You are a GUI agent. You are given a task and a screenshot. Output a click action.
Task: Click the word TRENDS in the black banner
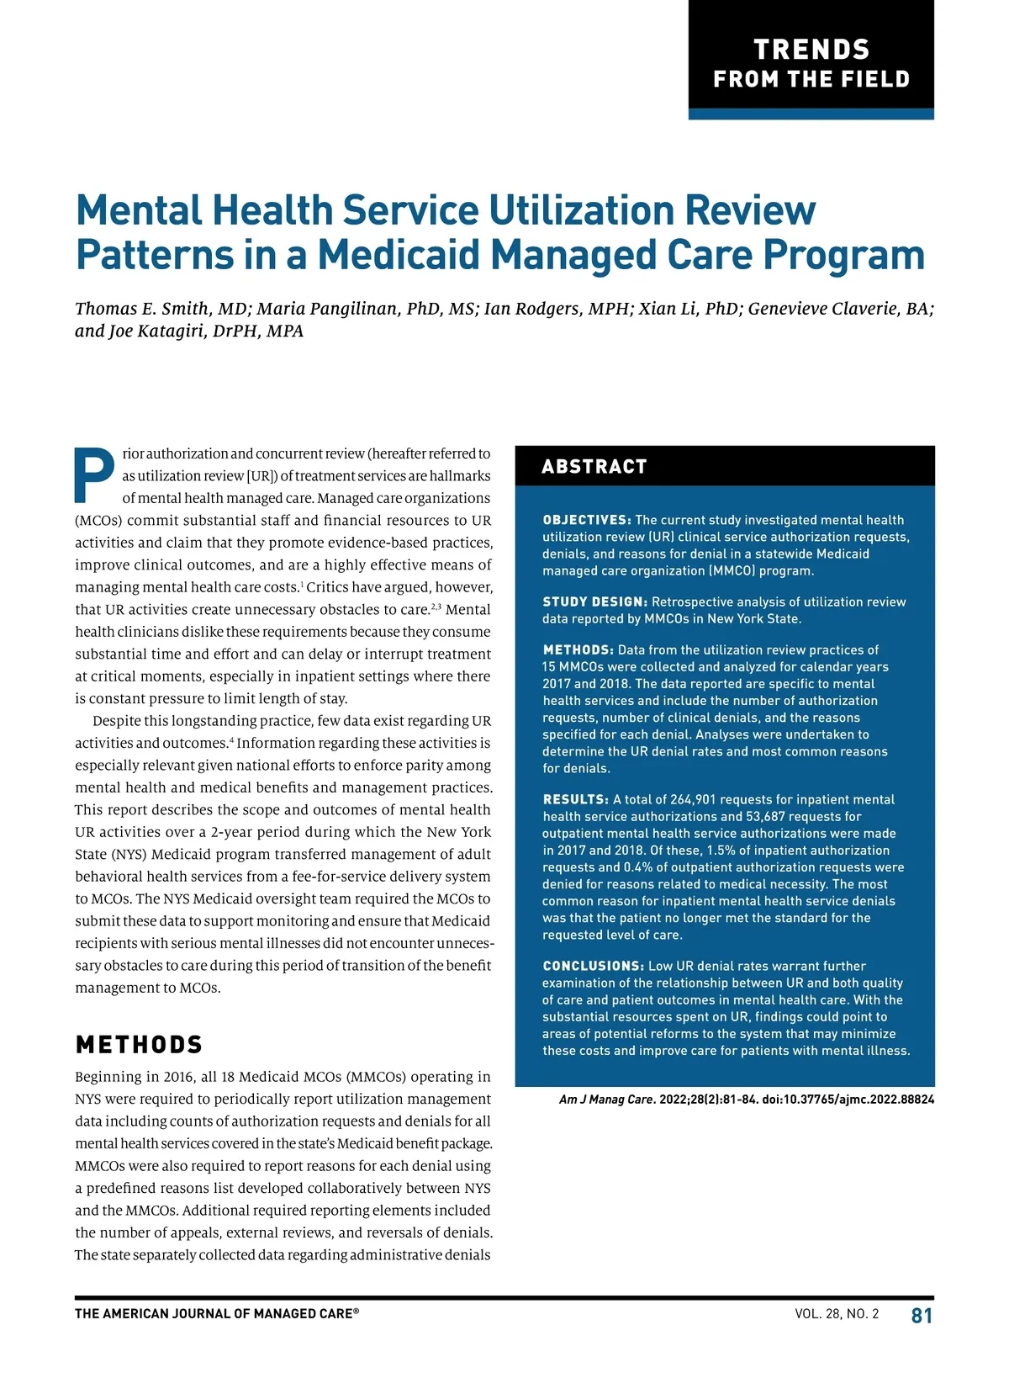(811, 50)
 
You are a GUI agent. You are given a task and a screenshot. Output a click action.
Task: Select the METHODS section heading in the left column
(139, 1045)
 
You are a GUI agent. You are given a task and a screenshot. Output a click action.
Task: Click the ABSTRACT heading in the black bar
(594, 467)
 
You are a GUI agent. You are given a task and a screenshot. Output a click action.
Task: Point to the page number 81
(922, 1316)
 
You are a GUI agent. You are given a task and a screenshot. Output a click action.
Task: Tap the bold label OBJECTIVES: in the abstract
(587, 520)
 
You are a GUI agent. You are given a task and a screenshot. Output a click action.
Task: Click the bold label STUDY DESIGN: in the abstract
(594, 602)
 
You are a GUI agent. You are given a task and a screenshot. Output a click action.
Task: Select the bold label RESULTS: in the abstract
(575, 799)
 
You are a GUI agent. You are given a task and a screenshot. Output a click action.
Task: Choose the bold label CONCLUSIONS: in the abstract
(593, 966)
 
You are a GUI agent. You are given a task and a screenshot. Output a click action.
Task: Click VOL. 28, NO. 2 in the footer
(837, 1314)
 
